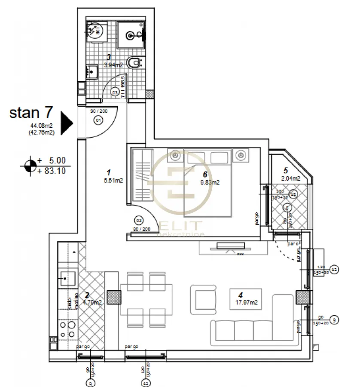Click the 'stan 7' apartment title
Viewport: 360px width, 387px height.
[31, 113]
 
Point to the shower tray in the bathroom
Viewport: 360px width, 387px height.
[131, 33]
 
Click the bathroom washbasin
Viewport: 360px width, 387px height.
[92, 71]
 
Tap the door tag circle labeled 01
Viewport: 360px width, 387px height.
[98, 120]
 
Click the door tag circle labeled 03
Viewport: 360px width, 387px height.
[115, 91]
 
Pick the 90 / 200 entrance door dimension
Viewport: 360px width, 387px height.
[98, 111]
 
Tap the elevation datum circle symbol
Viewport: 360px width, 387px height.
[30, 165]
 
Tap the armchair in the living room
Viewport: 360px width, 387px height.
[204, 298]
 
